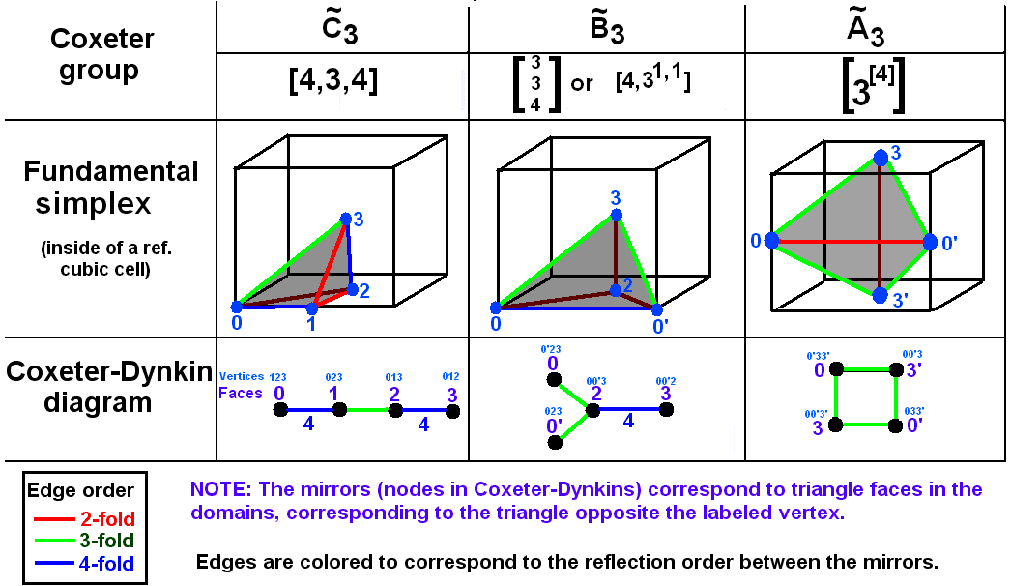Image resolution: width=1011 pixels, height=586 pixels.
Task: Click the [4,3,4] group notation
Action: click(333, 82)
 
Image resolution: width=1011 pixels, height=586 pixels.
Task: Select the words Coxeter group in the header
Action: click(95, 54)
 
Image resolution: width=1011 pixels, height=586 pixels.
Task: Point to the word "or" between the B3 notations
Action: click(582, 83)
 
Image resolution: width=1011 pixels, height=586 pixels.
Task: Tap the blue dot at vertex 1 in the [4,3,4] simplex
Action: click(311, 308)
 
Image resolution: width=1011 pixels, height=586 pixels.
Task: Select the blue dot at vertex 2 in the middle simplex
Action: click(616, 289)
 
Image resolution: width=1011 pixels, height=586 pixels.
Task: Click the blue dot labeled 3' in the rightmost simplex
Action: click(880, 295)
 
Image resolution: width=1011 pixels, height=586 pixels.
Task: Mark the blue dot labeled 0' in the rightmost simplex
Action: click(930, 242)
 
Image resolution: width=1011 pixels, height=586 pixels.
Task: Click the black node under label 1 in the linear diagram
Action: click(338, 411)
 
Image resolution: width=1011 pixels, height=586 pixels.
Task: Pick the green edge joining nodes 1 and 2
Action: click(366, 411)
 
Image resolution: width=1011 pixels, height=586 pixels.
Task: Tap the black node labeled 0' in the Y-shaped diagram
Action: click(555, 442)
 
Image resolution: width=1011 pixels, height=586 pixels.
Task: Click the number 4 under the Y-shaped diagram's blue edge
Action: click(628, 422)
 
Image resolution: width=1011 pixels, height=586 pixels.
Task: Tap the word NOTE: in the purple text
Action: click(221, 490)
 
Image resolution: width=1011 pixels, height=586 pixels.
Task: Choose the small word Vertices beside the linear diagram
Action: click(242, 376)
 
